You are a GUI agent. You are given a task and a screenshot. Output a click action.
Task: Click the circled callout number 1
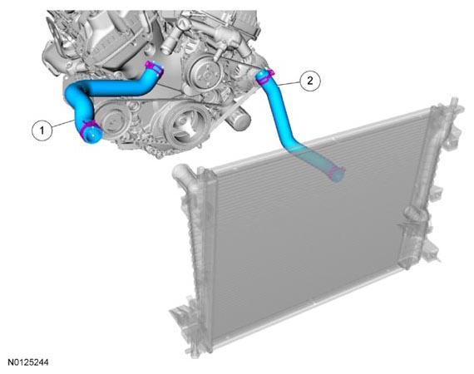pyautogui.click(x=42, y=130)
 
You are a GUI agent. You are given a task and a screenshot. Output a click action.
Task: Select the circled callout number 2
pyautogui.click(x=310, y=81)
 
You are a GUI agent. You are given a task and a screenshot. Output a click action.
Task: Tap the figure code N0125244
pyautogui.click(x=27, y=362)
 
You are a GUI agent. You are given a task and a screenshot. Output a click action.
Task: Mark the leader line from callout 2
pyautogui.click(x=289, y=83)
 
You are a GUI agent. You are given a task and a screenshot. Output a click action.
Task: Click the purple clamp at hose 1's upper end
pyautogui.click(x=154, y=67)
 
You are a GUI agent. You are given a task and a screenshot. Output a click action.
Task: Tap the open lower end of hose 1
pyautogui.click(x=91, y=135)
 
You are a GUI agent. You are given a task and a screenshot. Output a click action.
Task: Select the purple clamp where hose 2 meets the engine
pyautogui.click(x=264, y=76)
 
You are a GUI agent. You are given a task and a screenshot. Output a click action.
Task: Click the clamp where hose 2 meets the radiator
pyautogui.click(x=336, y=173)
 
